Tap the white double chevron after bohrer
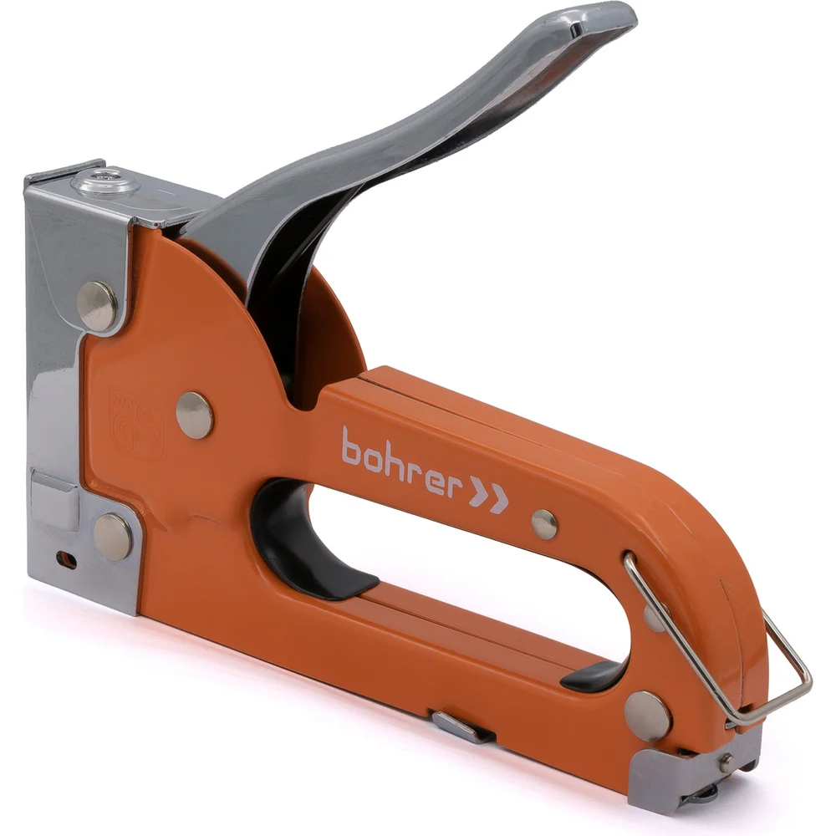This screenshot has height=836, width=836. click(488, 497)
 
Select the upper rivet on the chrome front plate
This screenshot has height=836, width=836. click(97, 305)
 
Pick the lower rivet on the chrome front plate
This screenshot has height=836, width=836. click(113, 537)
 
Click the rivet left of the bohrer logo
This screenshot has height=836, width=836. click(195, 415)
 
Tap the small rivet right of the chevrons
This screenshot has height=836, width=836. click(544, 524)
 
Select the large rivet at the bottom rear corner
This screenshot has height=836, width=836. click(647, 716)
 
